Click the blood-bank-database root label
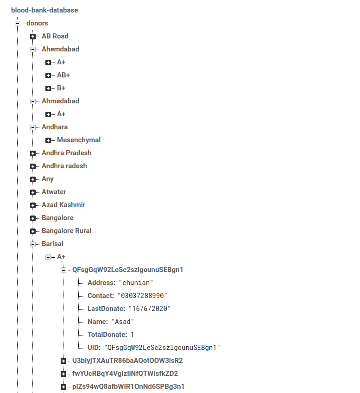pyautogui.click(x=44, y=10)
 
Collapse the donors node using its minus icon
pyautogui.click(x=18, y=23)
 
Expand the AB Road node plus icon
pyautogui.click(x=33, y=36)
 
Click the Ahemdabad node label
pyautogui.click(x=60, y=49)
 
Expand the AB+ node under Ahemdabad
pyautogui.click(x=48, y=75)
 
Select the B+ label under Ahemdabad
pyautogui.click(x=61, y=88)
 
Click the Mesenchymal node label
pyautogui.click(x=79, y=139)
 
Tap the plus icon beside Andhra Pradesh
pyautogui.click(x=33, y=153)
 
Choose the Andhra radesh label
pyautogui.click(x=64, y=165)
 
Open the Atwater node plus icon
pyautogui.click(x=33, y=192)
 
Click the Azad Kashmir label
pyautogui.click(x=63, y=204)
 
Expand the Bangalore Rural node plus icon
pyautogui.click(x=33, y=231)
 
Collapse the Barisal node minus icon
pyautogui.click(x=33, y=244)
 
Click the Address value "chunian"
pyautogui.click(x=136, y=282)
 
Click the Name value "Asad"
pyautogui.click(x=123, y=321)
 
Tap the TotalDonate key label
pyautogui.click(x=107, y=334)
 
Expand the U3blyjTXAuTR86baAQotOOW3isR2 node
pyautogui.click(x=63, y=361)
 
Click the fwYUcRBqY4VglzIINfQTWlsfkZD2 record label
pyautogui.click(x=125, y=373)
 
